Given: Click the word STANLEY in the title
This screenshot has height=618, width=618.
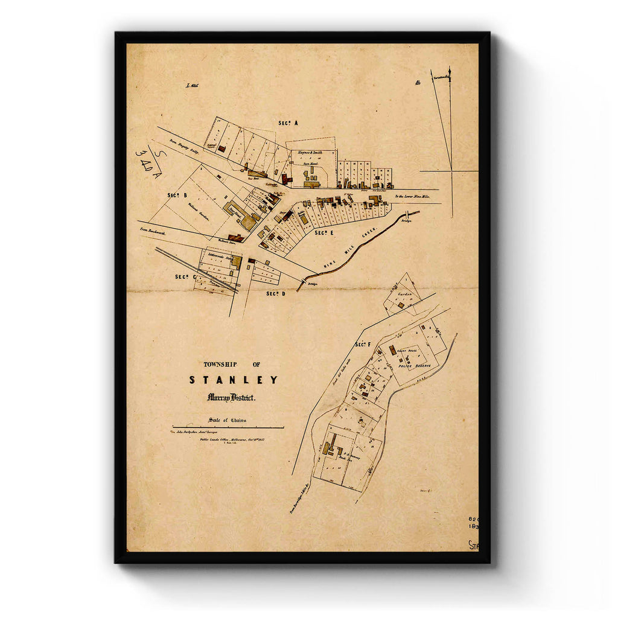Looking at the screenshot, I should click(x=234, y=380).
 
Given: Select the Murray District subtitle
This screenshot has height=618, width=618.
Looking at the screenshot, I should click(x=231, y=398).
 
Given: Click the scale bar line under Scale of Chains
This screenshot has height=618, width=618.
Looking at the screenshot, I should click(x=228, y=428).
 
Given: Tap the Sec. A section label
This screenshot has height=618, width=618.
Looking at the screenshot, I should click(x=288, y=123).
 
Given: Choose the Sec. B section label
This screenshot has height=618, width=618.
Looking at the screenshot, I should click(x=177, y=196).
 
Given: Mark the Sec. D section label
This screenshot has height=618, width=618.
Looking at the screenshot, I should click(x=275, y=293).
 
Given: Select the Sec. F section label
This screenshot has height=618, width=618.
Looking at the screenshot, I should click(x=362, y=344).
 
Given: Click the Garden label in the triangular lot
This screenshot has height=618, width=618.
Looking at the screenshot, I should click(x=404, y=295).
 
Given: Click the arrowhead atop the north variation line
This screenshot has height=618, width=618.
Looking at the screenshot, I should click(x=450, y=69).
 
